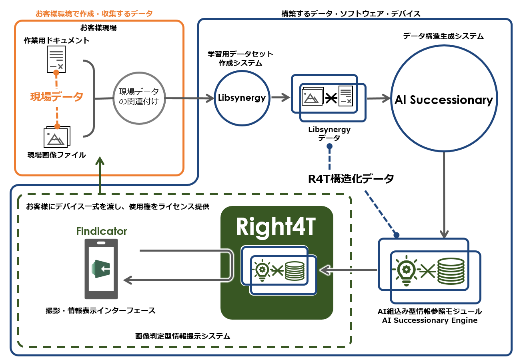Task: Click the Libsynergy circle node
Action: tap(242, 98)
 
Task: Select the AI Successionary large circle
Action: tap(443, 100)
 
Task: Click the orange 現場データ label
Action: tap(57, 96)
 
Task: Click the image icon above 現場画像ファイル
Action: tap(57, 137)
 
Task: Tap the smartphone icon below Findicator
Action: tap(101, 269)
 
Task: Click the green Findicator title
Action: tap(102, 231)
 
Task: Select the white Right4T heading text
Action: tap(277, 227)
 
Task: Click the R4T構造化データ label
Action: tap(351, 179)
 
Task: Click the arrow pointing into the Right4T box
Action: tap(348, 271)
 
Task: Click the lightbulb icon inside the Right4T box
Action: tap(262, 270)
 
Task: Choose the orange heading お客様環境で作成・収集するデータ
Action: tap(94, 14)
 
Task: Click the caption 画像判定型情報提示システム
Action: tap(183, 336)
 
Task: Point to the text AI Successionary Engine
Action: tap(430, 320)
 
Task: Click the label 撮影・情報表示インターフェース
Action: tap(100, 310)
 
